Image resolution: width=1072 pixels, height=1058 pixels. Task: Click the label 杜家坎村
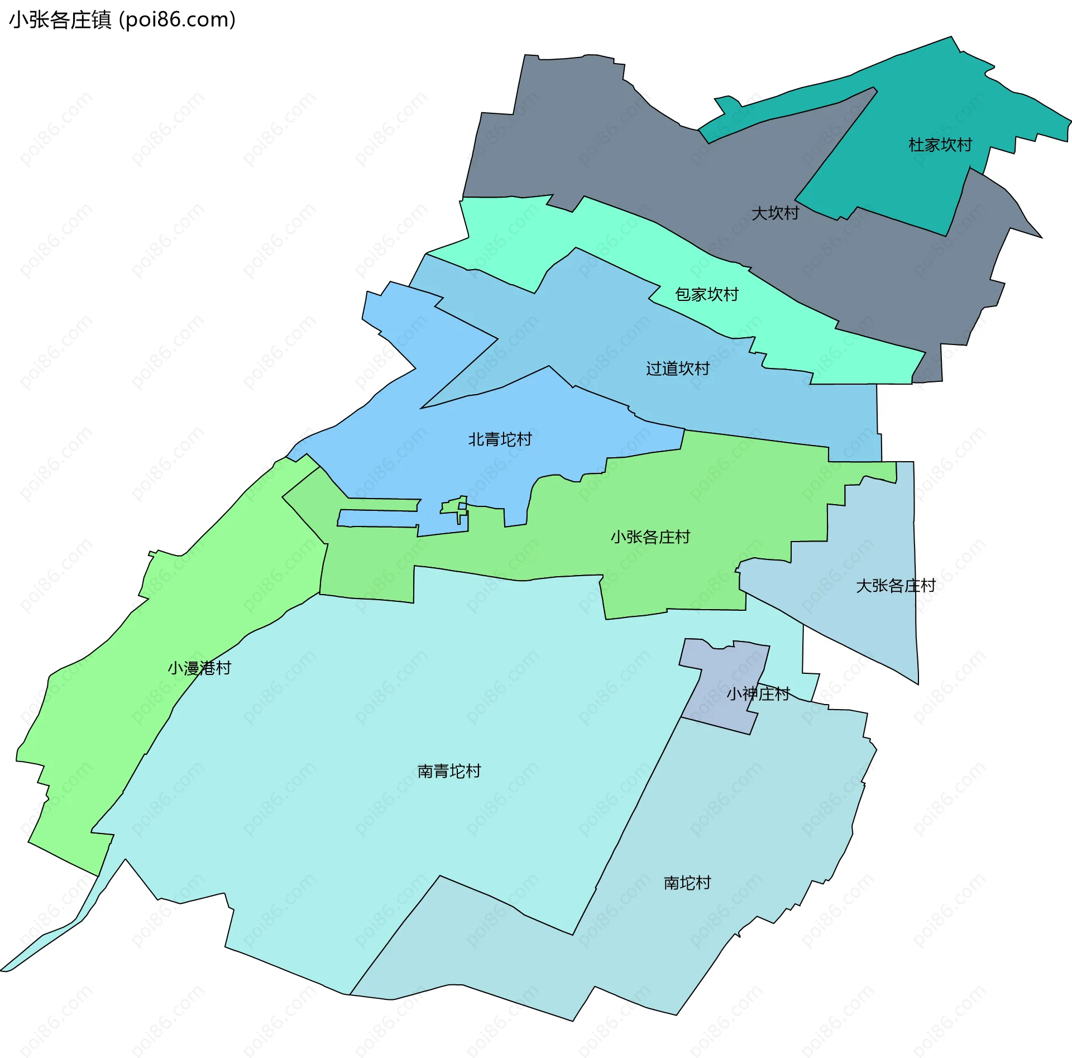(x=940, y=145)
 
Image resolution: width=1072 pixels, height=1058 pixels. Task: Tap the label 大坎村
(x=775, y=213)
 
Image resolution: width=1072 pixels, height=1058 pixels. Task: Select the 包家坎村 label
(x=706, y=294)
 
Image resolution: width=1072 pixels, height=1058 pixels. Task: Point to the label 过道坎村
(x=677, y=368)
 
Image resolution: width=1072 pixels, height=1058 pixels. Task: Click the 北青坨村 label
(x=500, y=439)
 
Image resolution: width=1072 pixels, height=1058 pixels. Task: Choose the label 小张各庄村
(x=650, y=537)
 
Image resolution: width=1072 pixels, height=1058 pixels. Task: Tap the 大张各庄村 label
(x=896, y=586)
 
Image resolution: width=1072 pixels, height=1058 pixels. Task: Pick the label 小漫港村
(x=199, y=668)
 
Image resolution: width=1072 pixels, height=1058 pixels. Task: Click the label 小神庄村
(x=758, y=694)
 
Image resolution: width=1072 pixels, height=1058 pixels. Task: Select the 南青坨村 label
(x=449, y=772)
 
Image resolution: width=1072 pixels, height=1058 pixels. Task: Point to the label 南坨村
(x=687, y=883)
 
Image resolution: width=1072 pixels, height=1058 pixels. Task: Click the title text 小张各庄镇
(x=60, y=20)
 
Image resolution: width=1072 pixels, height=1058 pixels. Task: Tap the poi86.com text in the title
(x=177, y=20)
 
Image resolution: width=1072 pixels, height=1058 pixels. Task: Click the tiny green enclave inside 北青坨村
(x=453, y=506)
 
